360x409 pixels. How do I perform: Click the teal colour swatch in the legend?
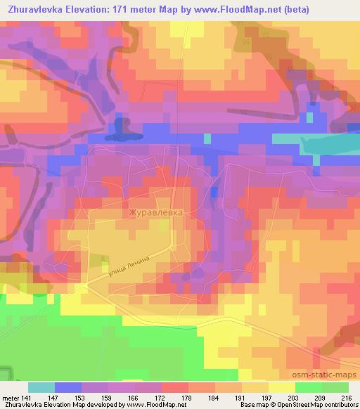point(41,387)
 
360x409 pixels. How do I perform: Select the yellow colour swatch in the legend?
point(281,387)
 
